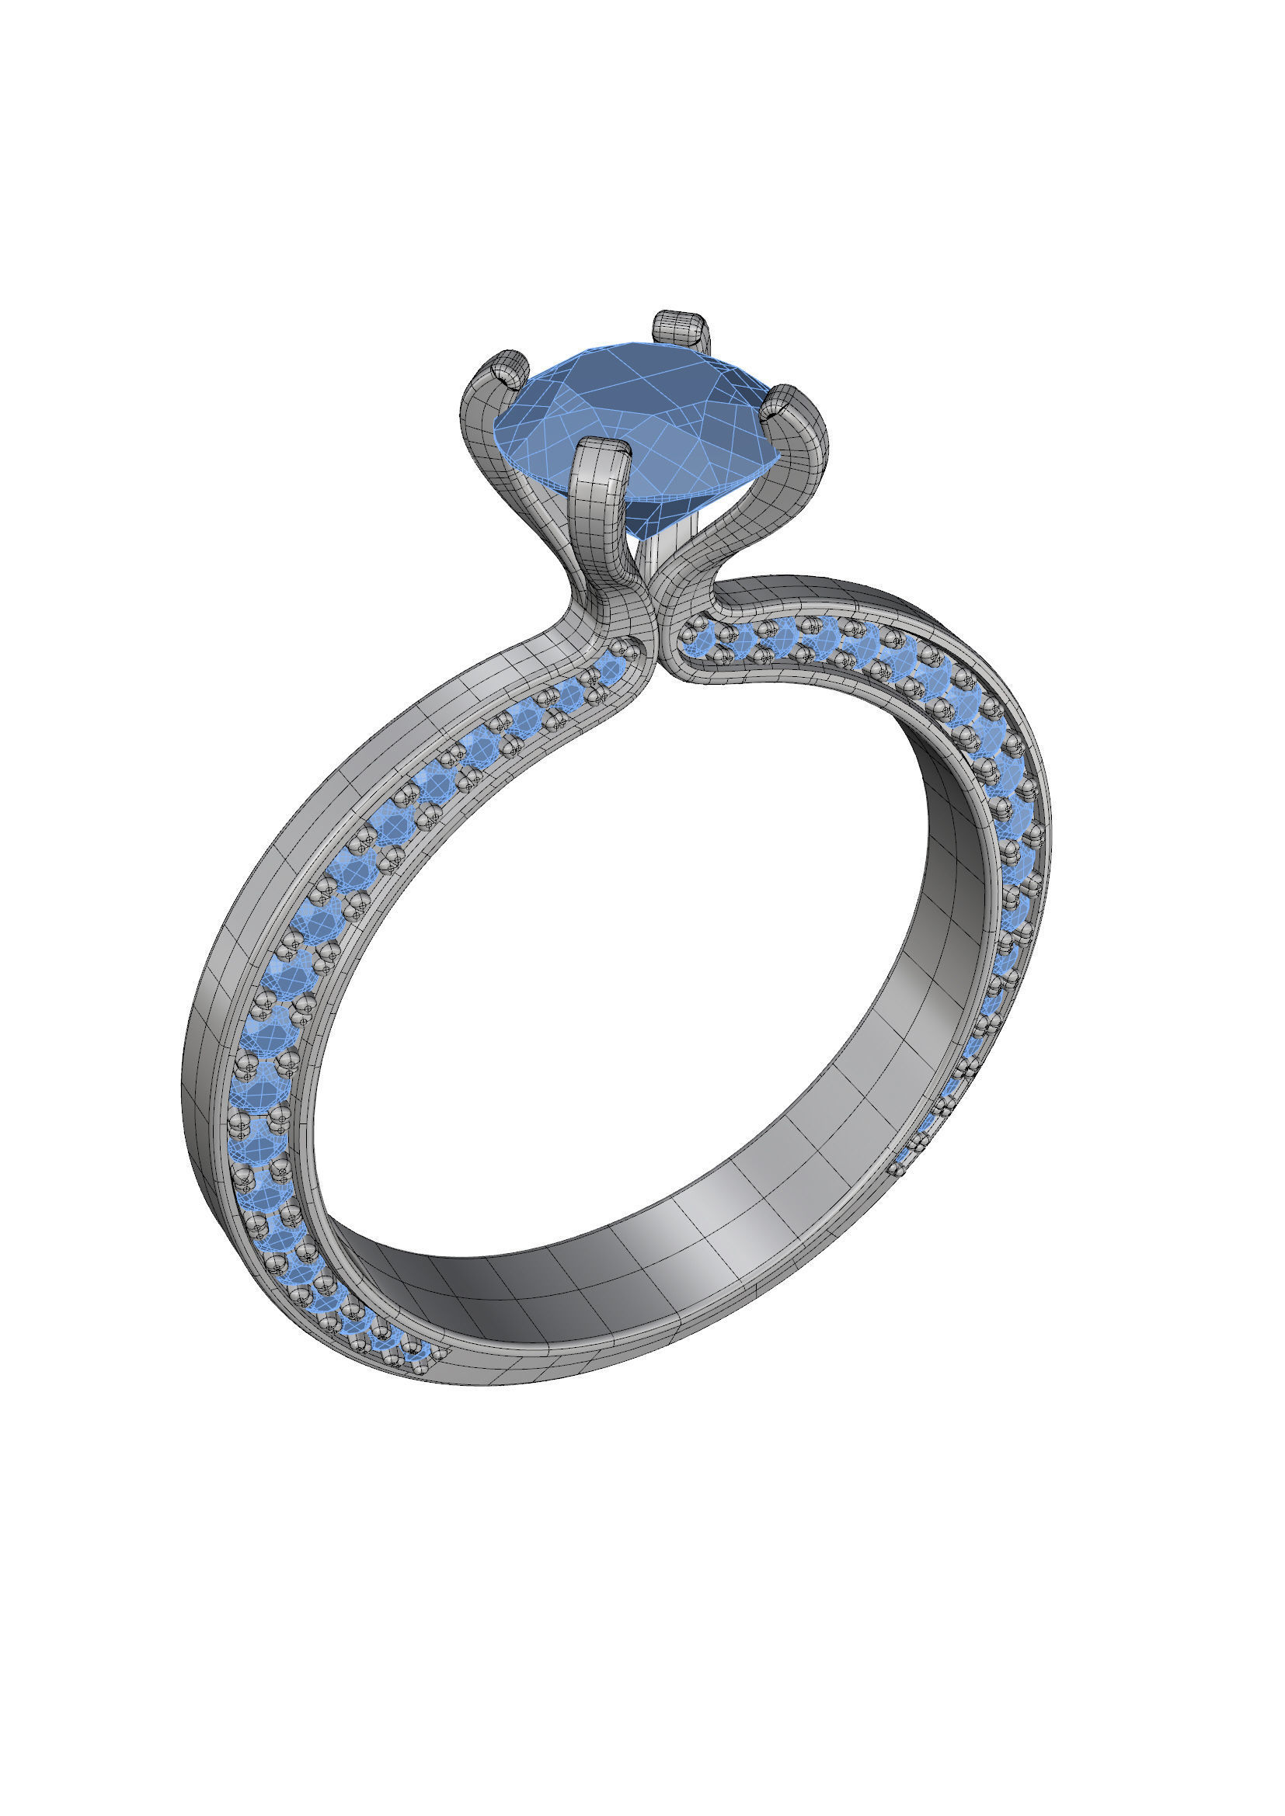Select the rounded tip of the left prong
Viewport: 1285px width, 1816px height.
pyautogui.click(x=507, y=369)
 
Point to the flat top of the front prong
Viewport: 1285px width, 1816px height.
pyautogui.click(x=603, y=450)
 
